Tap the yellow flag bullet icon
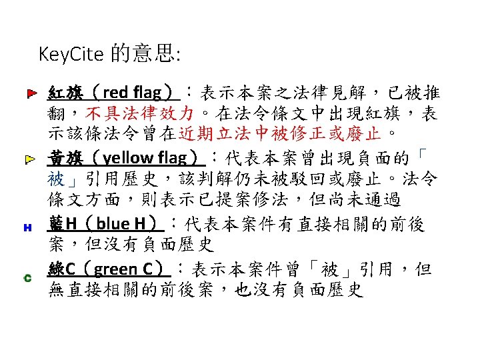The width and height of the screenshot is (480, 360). [31, 160]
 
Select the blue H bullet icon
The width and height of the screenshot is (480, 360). [28, 227]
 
